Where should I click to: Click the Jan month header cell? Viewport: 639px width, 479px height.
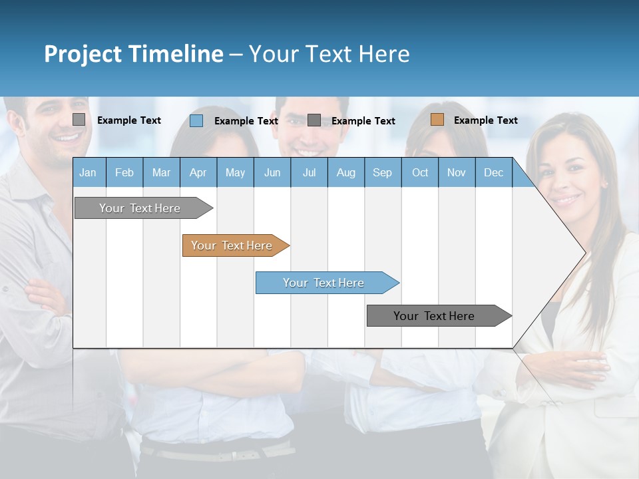pos(89,172)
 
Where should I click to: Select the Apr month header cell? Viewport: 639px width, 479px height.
pos(198,172)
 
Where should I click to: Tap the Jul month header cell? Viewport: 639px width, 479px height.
pos(309,172)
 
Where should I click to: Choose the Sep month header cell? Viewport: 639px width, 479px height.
pos(383,172)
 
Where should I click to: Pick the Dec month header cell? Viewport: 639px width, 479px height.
pos(493,172)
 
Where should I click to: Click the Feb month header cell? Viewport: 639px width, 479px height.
pos(124,172)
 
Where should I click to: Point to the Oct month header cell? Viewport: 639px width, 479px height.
pos(420,172)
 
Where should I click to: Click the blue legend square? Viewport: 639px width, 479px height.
pos(196,120)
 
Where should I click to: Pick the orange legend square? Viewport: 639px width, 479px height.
pos(437,120)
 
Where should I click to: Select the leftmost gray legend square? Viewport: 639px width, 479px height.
pos(79,120)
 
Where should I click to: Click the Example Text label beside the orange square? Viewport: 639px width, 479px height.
pos(485,120)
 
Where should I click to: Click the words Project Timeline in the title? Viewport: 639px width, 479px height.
pos(133,54)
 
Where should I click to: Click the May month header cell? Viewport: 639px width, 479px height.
pos(235,172)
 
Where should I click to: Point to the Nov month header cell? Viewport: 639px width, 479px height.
pos(457,172)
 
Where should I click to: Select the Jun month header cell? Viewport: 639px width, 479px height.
pos(272,172)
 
